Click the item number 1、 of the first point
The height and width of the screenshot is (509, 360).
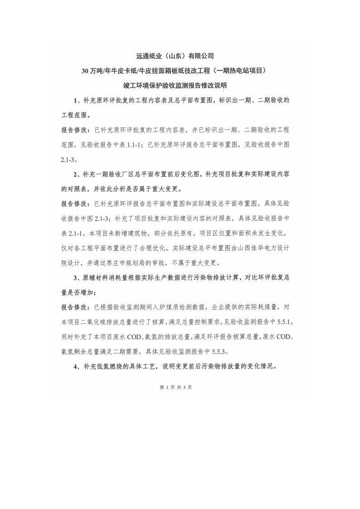click(77, 100)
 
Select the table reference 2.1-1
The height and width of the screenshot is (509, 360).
click(75, 233)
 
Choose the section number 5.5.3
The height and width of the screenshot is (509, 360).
click(217, 351)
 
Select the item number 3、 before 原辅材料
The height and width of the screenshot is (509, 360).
click(77, 277)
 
